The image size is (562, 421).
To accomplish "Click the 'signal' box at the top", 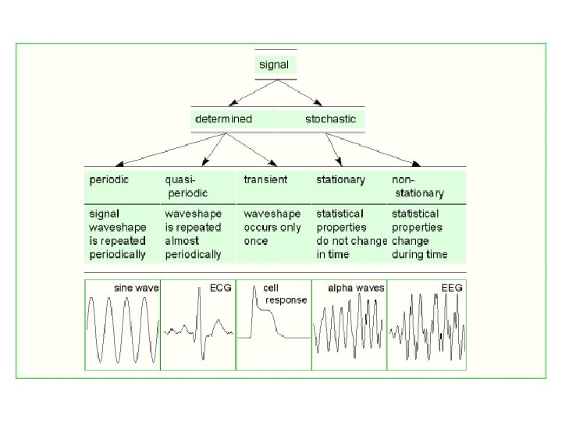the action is click(276, 65).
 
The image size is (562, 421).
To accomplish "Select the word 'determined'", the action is click(224, 119).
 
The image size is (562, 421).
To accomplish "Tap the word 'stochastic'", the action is click(330, 119).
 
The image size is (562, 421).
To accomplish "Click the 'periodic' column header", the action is click(109, 180).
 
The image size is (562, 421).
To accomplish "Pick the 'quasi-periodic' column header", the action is click(187, 186).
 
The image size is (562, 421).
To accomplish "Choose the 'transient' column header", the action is click(265, 179).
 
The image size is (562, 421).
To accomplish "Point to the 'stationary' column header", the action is click(340, 180).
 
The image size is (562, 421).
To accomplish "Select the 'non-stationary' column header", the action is click(418, 186).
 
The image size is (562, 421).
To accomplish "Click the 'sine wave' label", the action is click(136, 288).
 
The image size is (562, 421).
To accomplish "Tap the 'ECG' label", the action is click(221, 288).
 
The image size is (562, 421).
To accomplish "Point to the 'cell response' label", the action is click(286, 294).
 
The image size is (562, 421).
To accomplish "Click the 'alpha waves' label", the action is click(356, 288).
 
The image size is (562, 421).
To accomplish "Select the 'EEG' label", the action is click(452, 288).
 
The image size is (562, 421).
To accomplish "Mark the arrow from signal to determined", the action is click(254, 93).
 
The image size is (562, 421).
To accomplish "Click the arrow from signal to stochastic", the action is click(300, 93).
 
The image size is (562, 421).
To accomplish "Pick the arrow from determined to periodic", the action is click(171, 150).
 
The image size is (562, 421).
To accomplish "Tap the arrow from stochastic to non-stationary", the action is click(373, 150).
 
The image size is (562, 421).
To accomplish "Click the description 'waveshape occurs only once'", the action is click(272, 228).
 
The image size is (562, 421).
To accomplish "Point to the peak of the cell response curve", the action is click(254, 287).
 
